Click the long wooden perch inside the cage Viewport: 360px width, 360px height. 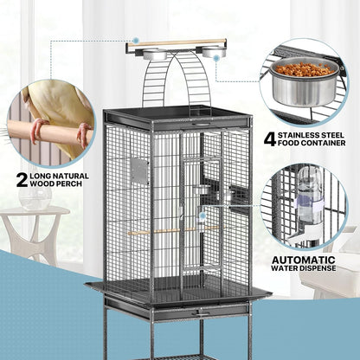point(172,231)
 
